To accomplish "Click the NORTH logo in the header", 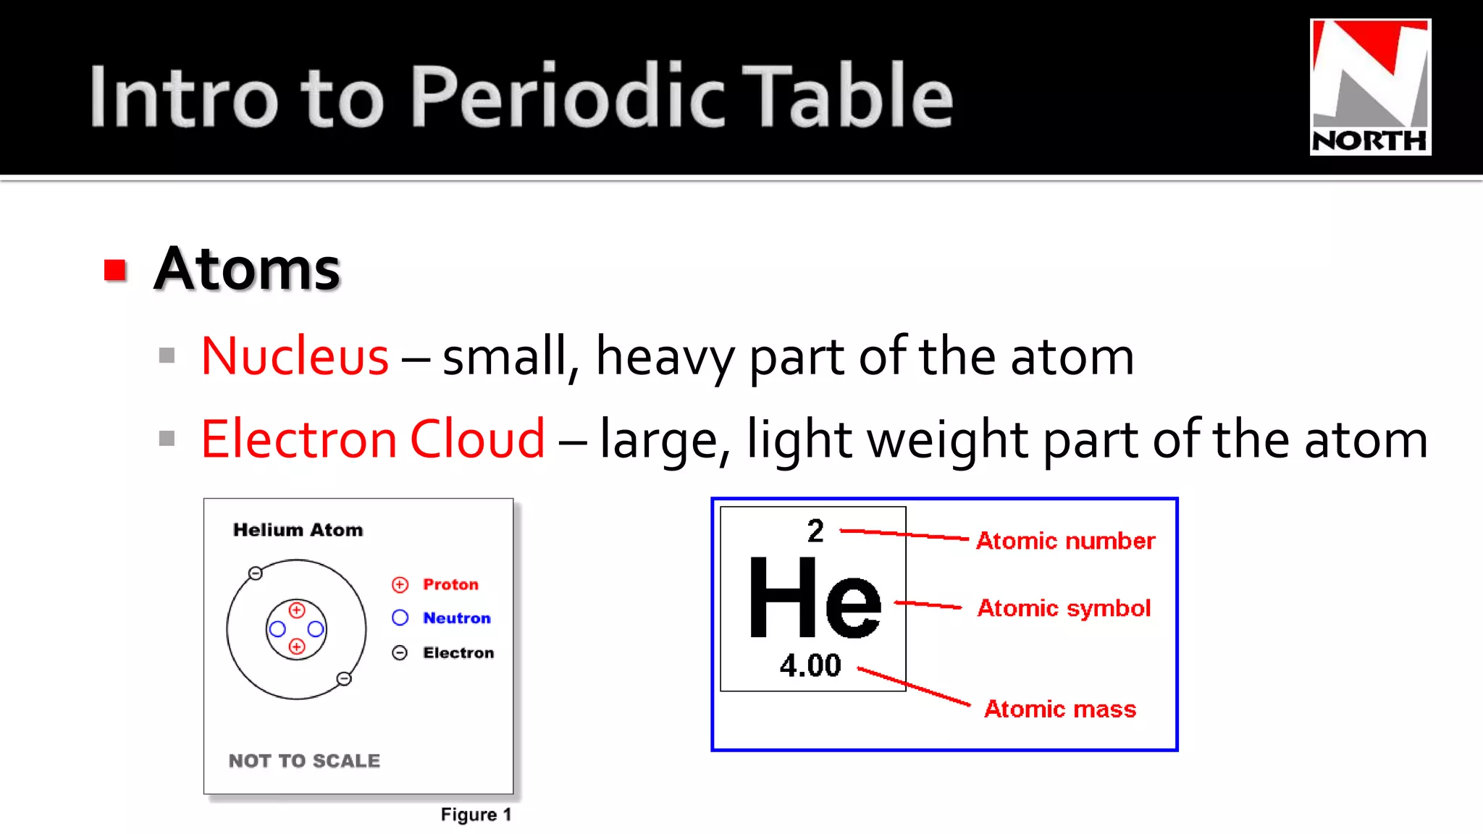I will click(x=1370, y=87).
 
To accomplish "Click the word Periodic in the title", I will click(x=568, y=96).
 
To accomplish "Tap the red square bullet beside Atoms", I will click(x=115, y=270).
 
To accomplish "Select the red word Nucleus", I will click(x=295, y=356).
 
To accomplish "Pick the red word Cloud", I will click(x=477, y=439).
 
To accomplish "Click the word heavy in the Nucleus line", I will click(x=665, y=356).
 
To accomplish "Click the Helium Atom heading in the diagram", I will click(x=298, y=530).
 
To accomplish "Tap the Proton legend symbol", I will click(x=400, y=584).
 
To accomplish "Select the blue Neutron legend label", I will click(x=457, y=618).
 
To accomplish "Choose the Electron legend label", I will click(x=458, y=653).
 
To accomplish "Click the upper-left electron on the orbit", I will click(x=255, y=573).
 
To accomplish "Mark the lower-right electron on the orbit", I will click(x=344, y=678).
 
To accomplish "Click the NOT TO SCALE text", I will click(x=304, y=761).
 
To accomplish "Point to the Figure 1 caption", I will click(x=476, y=815).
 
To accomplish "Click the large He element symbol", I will click(x=815, y=599).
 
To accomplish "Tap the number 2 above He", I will click(x=815, y=531).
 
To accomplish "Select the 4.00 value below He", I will click(x=810, y=665).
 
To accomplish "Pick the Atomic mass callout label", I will click(x=1060, y=709).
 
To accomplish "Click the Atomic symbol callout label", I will click(x=1064, y=608).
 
